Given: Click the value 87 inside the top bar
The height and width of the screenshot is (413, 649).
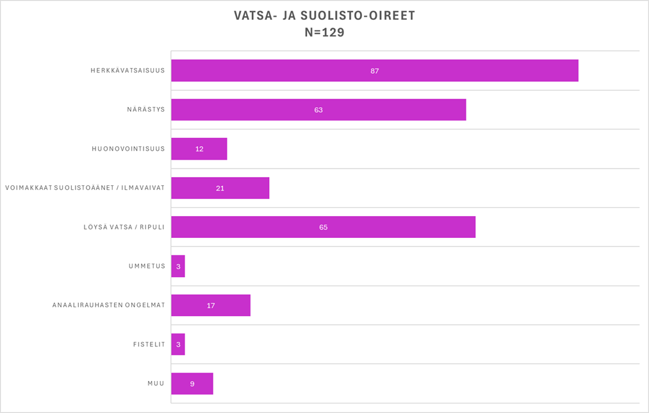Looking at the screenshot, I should coord(375,71).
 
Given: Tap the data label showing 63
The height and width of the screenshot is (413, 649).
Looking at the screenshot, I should coord(318,110).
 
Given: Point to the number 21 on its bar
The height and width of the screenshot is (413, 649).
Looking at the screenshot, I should coord(220,188).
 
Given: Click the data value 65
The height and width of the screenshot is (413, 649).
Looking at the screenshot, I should coord(324,227).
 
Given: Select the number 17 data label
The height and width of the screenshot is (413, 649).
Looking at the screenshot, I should coord(211,305).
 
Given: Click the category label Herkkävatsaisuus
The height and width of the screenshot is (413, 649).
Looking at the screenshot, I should coord(127,71).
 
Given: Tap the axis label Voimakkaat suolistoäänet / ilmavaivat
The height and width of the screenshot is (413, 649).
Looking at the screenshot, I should coord(85,188).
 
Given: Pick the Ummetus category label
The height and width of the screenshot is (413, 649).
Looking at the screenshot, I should coord(147,266).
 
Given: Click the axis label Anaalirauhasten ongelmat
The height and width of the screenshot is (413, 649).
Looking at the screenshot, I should coord(108,305).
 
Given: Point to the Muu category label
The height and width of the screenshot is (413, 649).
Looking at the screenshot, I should coord(156,383).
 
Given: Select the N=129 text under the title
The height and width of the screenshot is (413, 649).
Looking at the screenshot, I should coord(324,32).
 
